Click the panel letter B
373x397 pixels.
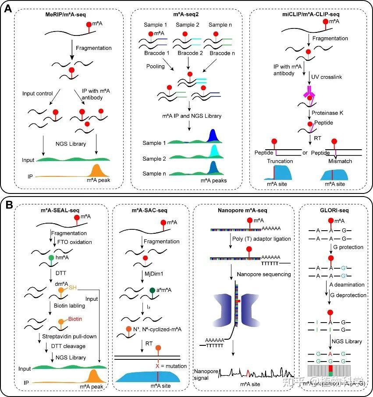click(8, 204)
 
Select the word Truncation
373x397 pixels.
click(280, 161)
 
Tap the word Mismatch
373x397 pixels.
click(340, 161)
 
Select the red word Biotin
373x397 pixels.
click(75, 319)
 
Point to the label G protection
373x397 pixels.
click(346, 247)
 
